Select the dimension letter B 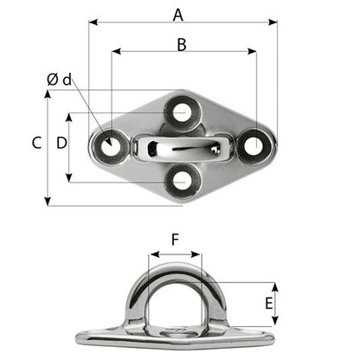tap(181, 44)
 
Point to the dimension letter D tap(61, 144)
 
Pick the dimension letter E tap(269, 304)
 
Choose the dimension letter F tap(175, 241)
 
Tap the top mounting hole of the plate tap(182, 112)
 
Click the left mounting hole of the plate tap(109, 146)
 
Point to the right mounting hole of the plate tap(254, 145)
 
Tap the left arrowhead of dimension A tap(92, 23)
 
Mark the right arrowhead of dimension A tap(274, 23)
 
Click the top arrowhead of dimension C tap(48, 93)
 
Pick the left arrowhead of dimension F tap(152, 255)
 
